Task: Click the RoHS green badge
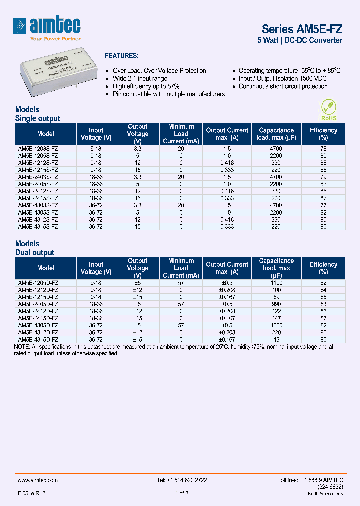328,110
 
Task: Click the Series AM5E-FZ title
302,29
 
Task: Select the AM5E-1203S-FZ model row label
38,149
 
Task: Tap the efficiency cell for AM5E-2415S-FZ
323,198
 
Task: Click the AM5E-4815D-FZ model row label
38,339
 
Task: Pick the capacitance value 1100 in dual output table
276,283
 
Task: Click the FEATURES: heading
121,56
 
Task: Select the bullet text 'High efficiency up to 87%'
146,86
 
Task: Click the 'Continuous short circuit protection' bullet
283,86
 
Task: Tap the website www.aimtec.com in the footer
38,480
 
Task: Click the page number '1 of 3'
182,493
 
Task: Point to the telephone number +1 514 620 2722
182,480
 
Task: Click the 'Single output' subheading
38,118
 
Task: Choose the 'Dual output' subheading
35,253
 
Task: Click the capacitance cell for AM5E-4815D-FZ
276,339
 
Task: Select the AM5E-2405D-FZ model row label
38,304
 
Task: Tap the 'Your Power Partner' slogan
55,38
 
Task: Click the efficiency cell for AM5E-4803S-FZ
323,205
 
